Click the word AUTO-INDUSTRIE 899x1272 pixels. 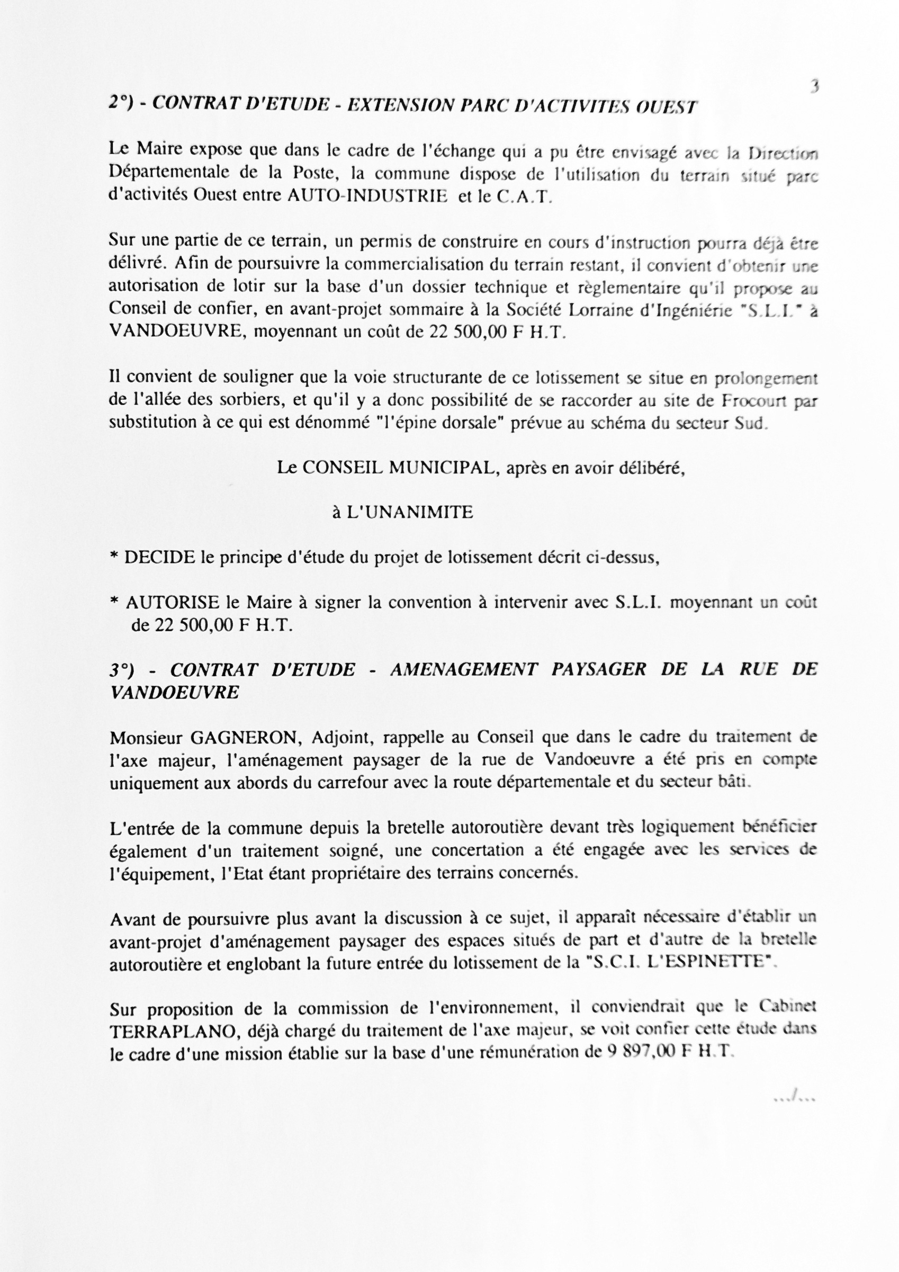coord(368,196)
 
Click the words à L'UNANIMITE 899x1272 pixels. coord(403,513)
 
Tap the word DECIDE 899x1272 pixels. coord(159,558)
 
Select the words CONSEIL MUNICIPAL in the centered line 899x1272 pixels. coord(397,468)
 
